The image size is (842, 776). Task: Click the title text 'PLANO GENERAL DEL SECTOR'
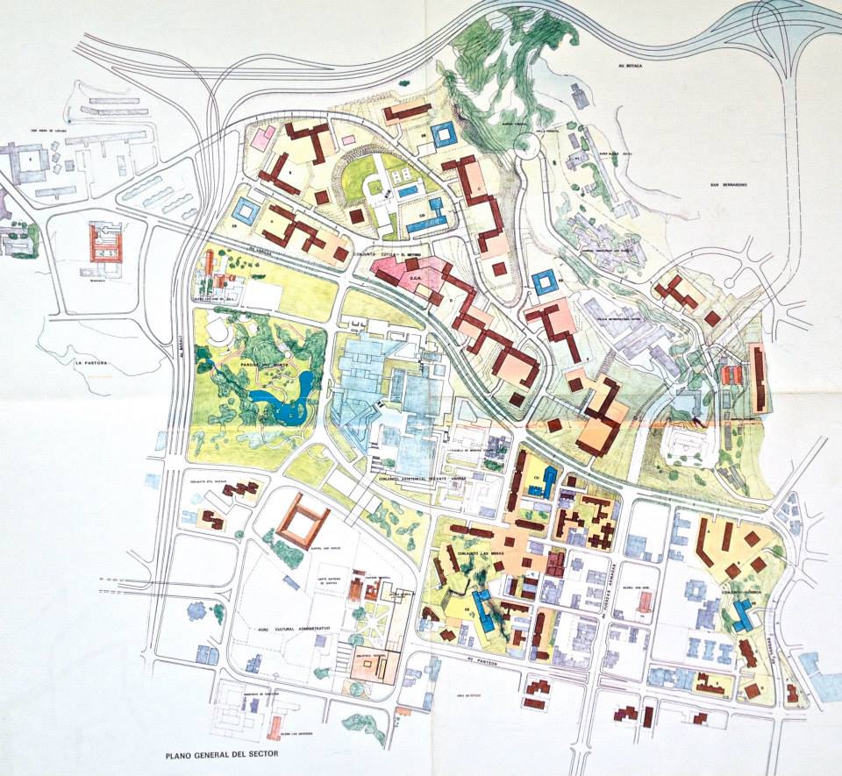pos(228,753)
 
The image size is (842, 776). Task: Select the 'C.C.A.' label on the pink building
pos(417,278)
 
